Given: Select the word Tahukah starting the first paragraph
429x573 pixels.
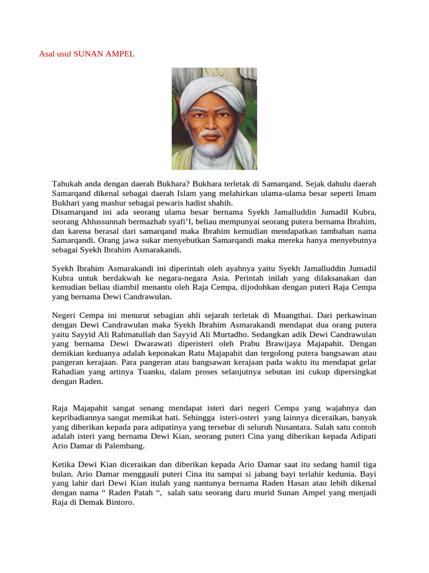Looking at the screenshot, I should click(x=68, y=184).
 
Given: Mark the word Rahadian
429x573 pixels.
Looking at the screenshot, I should click(x=69, y=373).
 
